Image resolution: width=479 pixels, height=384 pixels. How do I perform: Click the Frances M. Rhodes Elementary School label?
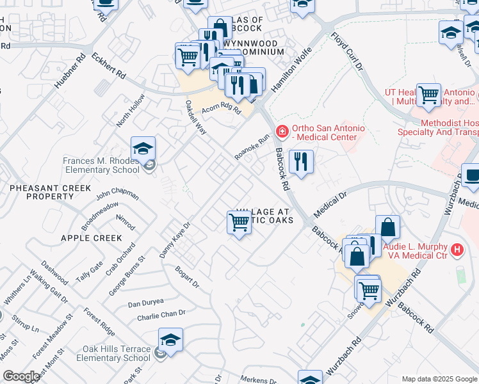click(x=101, y=165)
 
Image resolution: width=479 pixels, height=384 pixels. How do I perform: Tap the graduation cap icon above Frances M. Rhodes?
click(x=143, y=149)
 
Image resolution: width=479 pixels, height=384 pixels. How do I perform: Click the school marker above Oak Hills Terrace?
click(x=170, y=340)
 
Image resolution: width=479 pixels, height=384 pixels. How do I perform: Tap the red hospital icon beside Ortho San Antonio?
click(x=281, y=131)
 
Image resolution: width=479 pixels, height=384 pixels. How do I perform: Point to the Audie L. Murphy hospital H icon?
click(x=457, y=250)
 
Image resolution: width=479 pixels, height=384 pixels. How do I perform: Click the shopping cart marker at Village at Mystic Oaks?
click(x=239, y=223)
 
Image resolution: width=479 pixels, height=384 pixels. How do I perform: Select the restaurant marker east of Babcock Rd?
click(x=300, y=161)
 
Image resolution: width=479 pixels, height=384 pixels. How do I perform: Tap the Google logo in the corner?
click(x=21, y=376)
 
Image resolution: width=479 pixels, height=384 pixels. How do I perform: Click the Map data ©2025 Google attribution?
click(x=439, y=379)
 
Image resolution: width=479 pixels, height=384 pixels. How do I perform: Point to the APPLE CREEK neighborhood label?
click(x=91, y=238)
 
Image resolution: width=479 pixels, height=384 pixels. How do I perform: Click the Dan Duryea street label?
click(x=146, y=303)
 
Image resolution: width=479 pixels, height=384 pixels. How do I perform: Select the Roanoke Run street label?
click(x=252, y=147)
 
